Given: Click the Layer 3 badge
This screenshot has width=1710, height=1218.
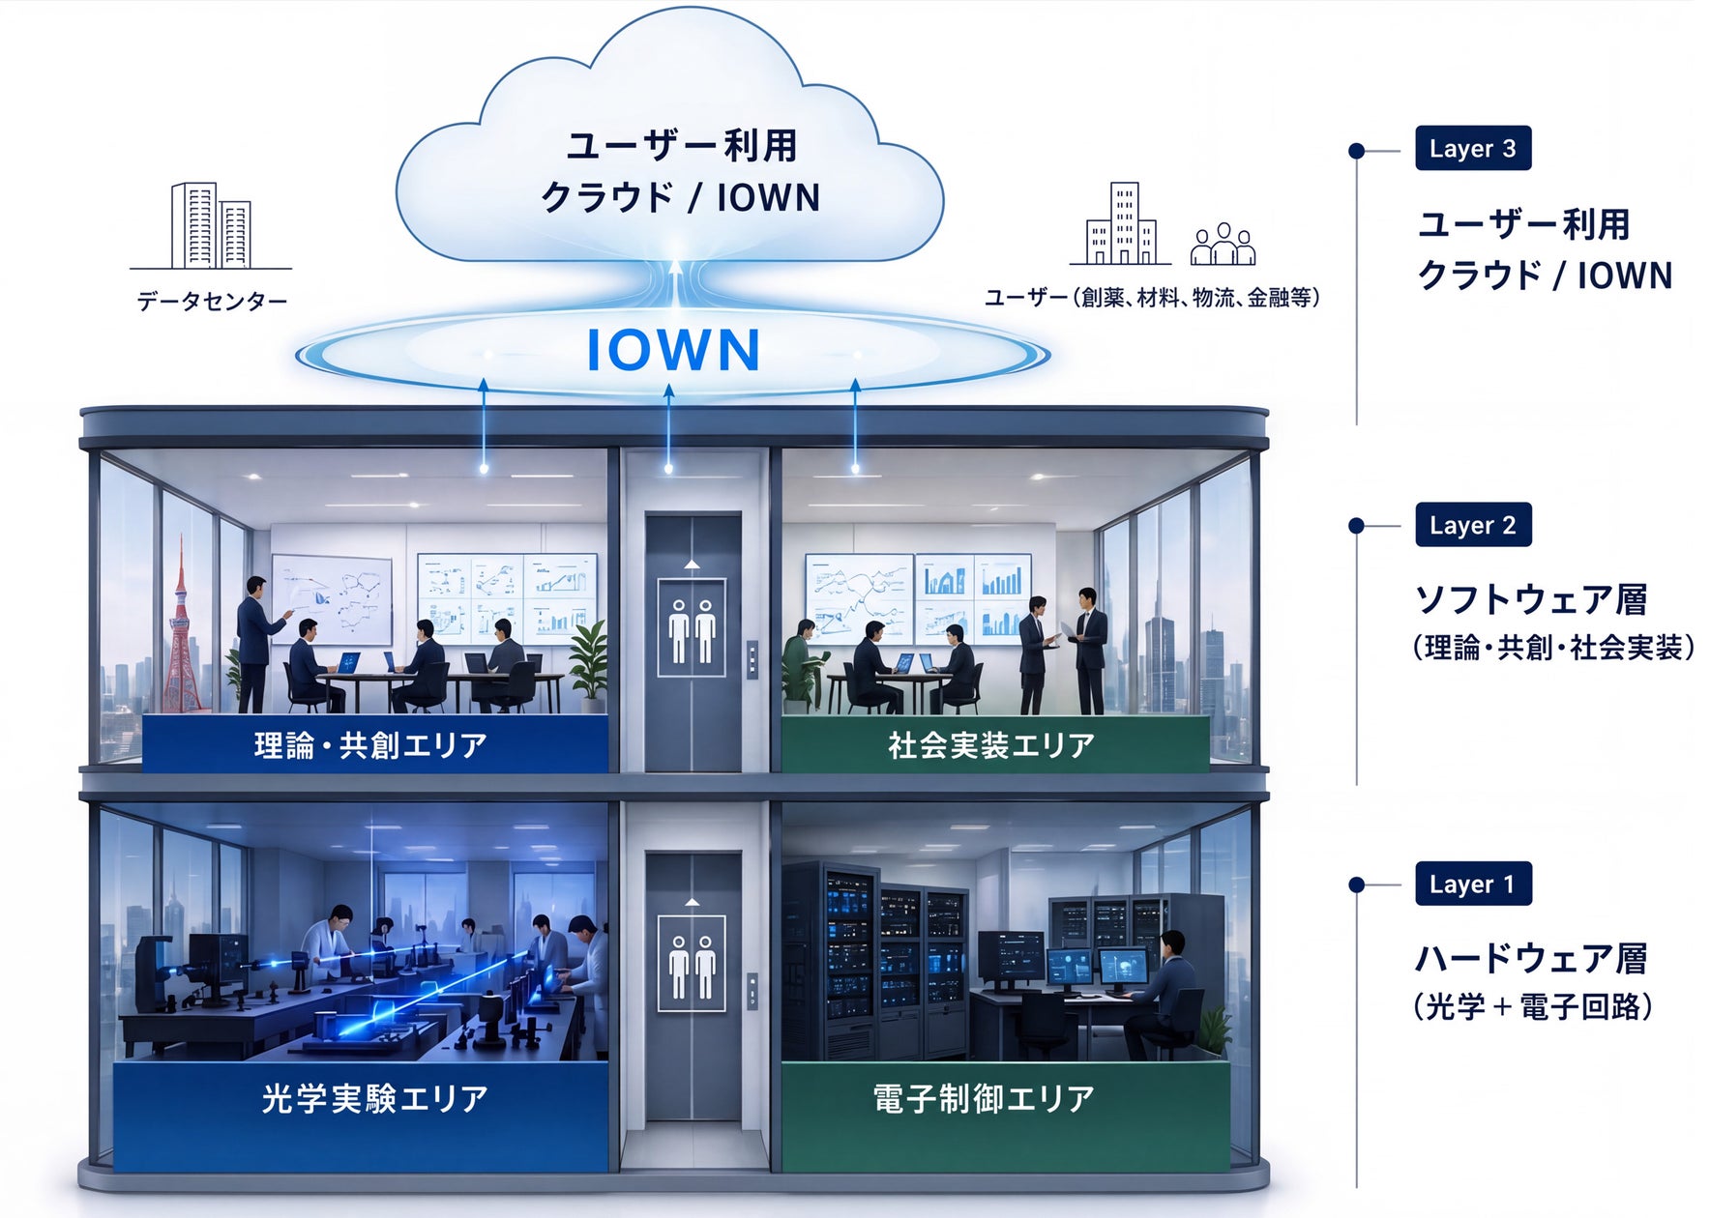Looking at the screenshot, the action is (x=1472, y=148).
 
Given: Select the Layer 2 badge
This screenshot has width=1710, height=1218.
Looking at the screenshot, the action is (x=1472, y=525).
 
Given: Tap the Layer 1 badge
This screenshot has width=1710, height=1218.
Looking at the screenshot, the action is (x=1472, y=884).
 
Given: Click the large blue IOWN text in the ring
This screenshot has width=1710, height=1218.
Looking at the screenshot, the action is (x=673, y=350).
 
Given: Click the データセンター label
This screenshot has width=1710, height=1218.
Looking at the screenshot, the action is (x=212, y=302).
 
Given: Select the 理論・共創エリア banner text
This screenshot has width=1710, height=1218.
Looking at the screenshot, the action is (x=370, y=745).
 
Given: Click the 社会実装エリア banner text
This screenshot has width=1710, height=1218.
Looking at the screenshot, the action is (x=991, y=745).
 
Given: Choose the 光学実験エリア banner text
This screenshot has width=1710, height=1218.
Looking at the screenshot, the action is (x=374, y=1099).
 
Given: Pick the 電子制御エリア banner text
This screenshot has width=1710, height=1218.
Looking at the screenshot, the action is (x=984, y=1099).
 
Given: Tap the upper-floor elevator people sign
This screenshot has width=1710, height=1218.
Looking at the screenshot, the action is (x=692, y=627).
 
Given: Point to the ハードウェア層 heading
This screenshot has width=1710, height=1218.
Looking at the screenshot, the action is (x=1531, y=958).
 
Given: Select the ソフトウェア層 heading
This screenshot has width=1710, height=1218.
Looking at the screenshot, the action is (x=1531, y=599).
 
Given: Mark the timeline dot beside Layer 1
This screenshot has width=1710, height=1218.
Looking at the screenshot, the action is (x=1356, y=884).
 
